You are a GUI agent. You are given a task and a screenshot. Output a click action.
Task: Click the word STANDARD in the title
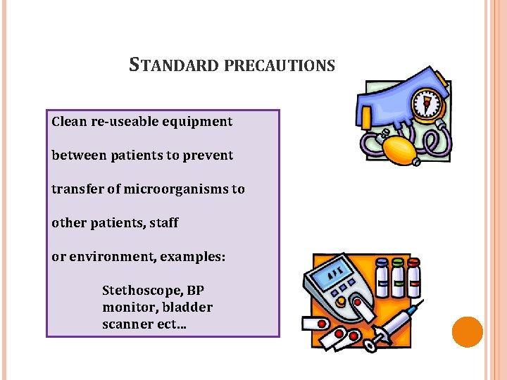[175, 65]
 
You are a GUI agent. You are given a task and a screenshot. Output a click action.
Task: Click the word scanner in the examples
[130, 324]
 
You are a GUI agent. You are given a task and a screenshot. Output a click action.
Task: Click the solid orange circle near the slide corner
[467, 332]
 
